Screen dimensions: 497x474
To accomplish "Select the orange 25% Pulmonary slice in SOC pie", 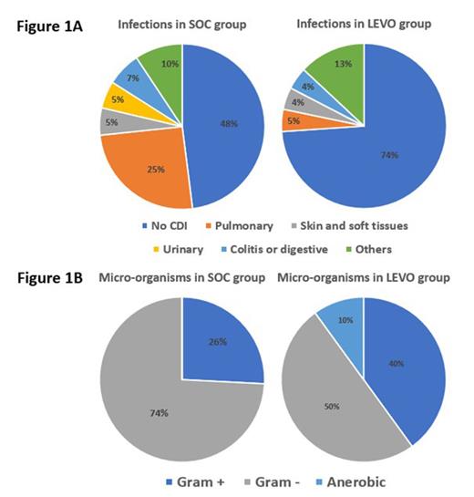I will click(146, 169).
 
